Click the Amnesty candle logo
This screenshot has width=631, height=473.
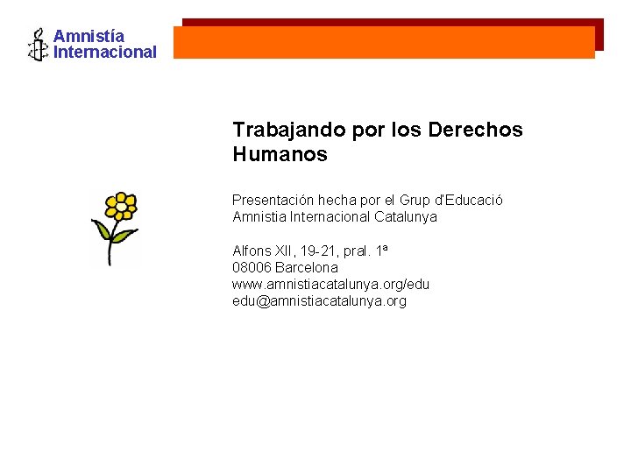coord(38,45)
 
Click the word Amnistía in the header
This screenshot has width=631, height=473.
coord(89,36)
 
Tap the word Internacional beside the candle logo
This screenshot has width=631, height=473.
coord(105,52)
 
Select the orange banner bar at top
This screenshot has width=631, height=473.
coord(384,42)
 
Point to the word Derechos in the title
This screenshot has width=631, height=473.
coord(476,130)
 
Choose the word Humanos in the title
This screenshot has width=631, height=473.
coord(280,155)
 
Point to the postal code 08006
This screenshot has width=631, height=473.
coord(252,267)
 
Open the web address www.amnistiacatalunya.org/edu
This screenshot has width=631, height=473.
coord(330,284)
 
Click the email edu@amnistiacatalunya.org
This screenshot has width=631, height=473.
coord(319,300)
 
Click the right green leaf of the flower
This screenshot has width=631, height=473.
coord(124,236)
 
